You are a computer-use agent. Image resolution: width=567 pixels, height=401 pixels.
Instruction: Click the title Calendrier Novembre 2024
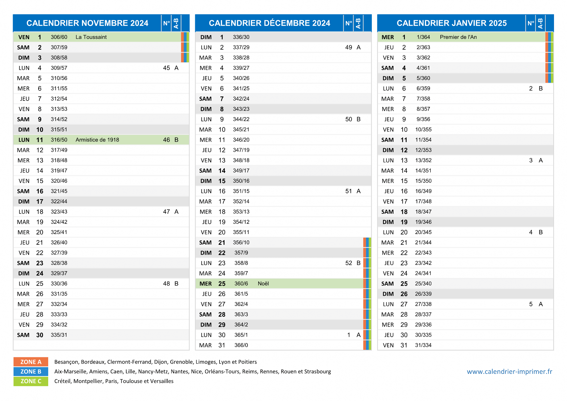coord(87,23)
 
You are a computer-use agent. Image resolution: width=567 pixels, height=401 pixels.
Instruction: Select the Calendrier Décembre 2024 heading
coord(269,23)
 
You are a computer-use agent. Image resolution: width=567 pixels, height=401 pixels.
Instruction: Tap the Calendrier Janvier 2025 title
coord(452,23)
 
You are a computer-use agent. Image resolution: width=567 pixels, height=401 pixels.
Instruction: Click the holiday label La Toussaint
coord(91,37)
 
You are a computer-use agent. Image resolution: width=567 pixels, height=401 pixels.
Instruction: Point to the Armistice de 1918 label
coord(97,140)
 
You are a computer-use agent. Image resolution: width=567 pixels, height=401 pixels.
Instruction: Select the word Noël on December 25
coord(263,284)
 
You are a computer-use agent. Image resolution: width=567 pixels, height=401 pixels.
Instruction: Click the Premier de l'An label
coord(458,37)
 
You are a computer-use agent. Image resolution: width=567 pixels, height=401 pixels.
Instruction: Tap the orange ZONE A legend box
coord(31,362)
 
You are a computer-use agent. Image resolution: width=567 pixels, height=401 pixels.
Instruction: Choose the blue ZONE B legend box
coord(31,372)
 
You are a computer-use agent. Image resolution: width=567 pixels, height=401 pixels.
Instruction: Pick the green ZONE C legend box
coord(31,381)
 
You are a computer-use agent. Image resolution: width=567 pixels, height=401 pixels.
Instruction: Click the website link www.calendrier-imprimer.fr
coord(509,372)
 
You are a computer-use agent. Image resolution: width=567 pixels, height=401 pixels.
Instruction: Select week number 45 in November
coord(166,68)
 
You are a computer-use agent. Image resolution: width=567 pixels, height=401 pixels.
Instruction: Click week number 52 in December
coord(349,263)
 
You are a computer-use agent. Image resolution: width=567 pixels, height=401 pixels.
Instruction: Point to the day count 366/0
coord(241,345)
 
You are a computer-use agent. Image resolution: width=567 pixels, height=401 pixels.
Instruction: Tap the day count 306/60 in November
coord(59,37)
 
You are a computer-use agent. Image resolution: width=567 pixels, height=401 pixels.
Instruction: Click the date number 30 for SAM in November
coord(40,335)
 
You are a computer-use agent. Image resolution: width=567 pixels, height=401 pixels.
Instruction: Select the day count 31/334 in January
coord(423,345)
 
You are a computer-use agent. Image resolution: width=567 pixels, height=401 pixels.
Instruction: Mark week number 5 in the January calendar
coord(531,304)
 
